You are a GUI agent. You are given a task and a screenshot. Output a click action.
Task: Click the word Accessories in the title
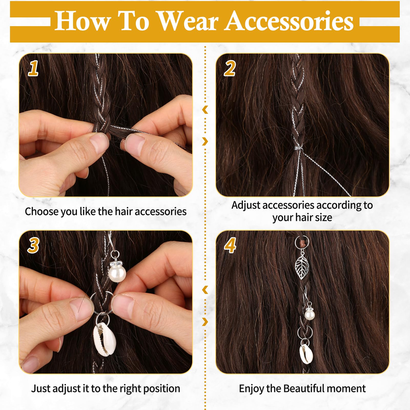(x=290, y=21)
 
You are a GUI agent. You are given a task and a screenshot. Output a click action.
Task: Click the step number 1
(x=33, y=68)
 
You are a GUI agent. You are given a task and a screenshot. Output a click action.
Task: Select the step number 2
(x=230, y=68)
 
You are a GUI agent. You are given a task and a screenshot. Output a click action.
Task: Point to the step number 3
(x=34, y=245)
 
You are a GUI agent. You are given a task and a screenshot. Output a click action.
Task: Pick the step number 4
(x=230, y=245)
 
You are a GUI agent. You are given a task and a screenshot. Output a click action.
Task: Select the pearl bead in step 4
(x=310, y=315)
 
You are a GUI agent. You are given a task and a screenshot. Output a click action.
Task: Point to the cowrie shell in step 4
(x=306, y=354)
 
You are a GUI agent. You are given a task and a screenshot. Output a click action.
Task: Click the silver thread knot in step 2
(x=298, y=148)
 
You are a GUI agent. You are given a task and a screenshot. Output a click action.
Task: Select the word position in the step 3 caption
(x=162, y=389)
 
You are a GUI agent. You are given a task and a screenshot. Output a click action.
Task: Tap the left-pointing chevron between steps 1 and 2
(x=205, y=110)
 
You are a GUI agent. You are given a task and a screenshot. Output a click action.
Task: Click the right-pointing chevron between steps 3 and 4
(x=205, y=322)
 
